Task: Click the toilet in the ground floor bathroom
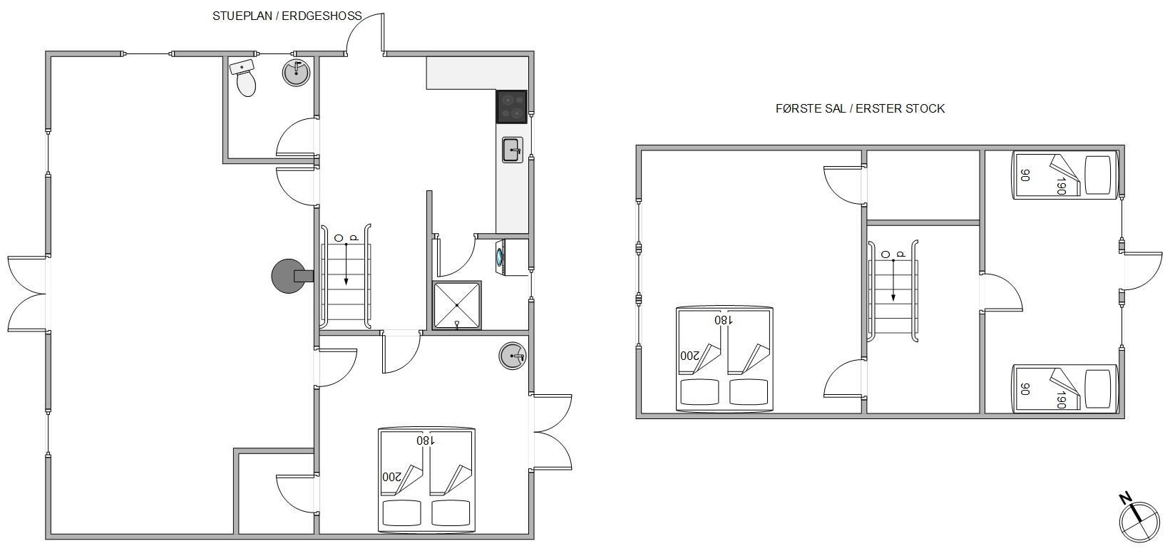click(246, 83)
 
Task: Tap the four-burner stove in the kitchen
click(511, 106)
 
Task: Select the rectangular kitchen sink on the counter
click(513, 150)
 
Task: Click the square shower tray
click(457, 306)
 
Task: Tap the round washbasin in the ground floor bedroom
click(513, 356)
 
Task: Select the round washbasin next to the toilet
click(296, 73)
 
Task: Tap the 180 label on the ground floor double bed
click(426, 441)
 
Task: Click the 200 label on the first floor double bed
click(689, 356)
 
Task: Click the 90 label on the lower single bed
click(1025, 388)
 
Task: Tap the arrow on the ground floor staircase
click(346, 264)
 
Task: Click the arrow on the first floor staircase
click(893, 280)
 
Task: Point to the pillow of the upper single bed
click(1098, 175)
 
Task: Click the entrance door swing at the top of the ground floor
click(366, 31)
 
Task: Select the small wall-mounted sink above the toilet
click(242, 67)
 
